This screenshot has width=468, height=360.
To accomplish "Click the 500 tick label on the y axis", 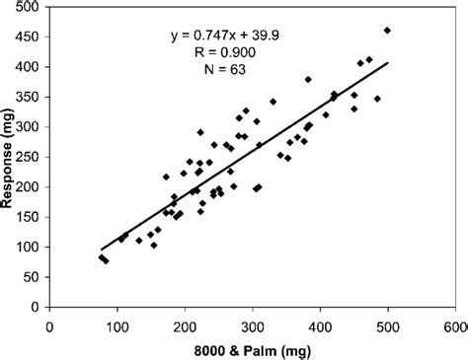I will pyautogui.click(x=29, y=7).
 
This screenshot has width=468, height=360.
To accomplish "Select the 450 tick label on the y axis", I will pyautogui.click(x=29, y=37).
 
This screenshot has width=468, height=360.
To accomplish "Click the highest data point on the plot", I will pyautogui.click(x=387, y=31).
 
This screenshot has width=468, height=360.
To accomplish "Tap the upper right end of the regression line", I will pyautogui.click(x=388, y=63).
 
